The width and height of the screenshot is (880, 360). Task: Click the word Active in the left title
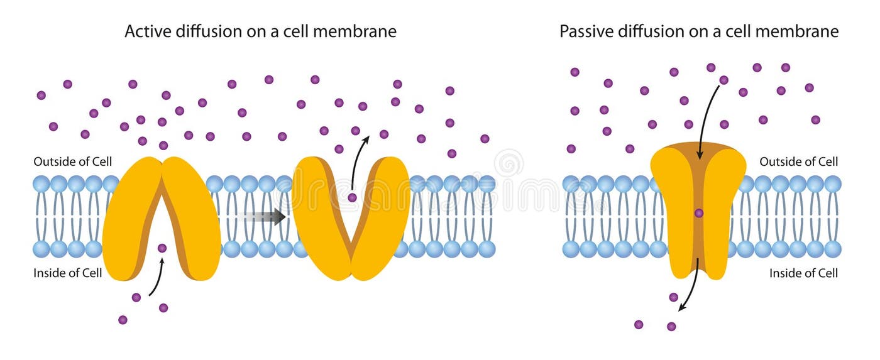(x=144, y=31)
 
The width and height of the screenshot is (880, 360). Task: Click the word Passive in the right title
(x=583, y=31)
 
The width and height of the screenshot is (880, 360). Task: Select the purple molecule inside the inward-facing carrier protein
(x=162, y=248)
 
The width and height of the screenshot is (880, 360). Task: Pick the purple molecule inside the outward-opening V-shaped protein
(x=352, y=197)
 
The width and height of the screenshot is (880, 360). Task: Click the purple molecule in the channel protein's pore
(x=698, y=213)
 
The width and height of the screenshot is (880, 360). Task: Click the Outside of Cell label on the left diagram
(x=73, y=161)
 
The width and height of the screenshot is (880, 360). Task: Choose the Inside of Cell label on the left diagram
(x=68, y=273)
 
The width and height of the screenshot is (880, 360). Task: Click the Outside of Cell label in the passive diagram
(x=799, y=161)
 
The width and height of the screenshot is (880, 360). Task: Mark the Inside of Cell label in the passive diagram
(x=804, y=273)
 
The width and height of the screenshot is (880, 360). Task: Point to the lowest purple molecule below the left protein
(x=123, y=320)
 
